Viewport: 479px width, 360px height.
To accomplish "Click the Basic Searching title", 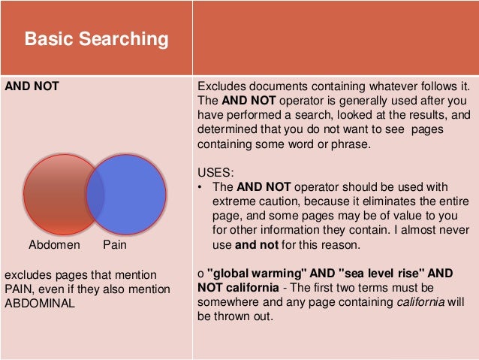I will (x=96, y=39).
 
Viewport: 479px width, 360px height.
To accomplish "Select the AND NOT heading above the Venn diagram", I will (x=32, y=86).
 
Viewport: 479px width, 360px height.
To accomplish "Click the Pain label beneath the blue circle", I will (x=115, y=245).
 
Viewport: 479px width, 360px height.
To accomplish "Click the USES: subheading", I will (x=215, y=172).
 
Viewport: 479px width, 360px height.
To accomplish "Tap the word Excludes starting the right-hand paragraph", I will (x=219, y=86).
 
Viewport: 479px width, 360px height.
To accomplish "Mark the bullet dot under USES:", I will (x=200, y=187).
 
